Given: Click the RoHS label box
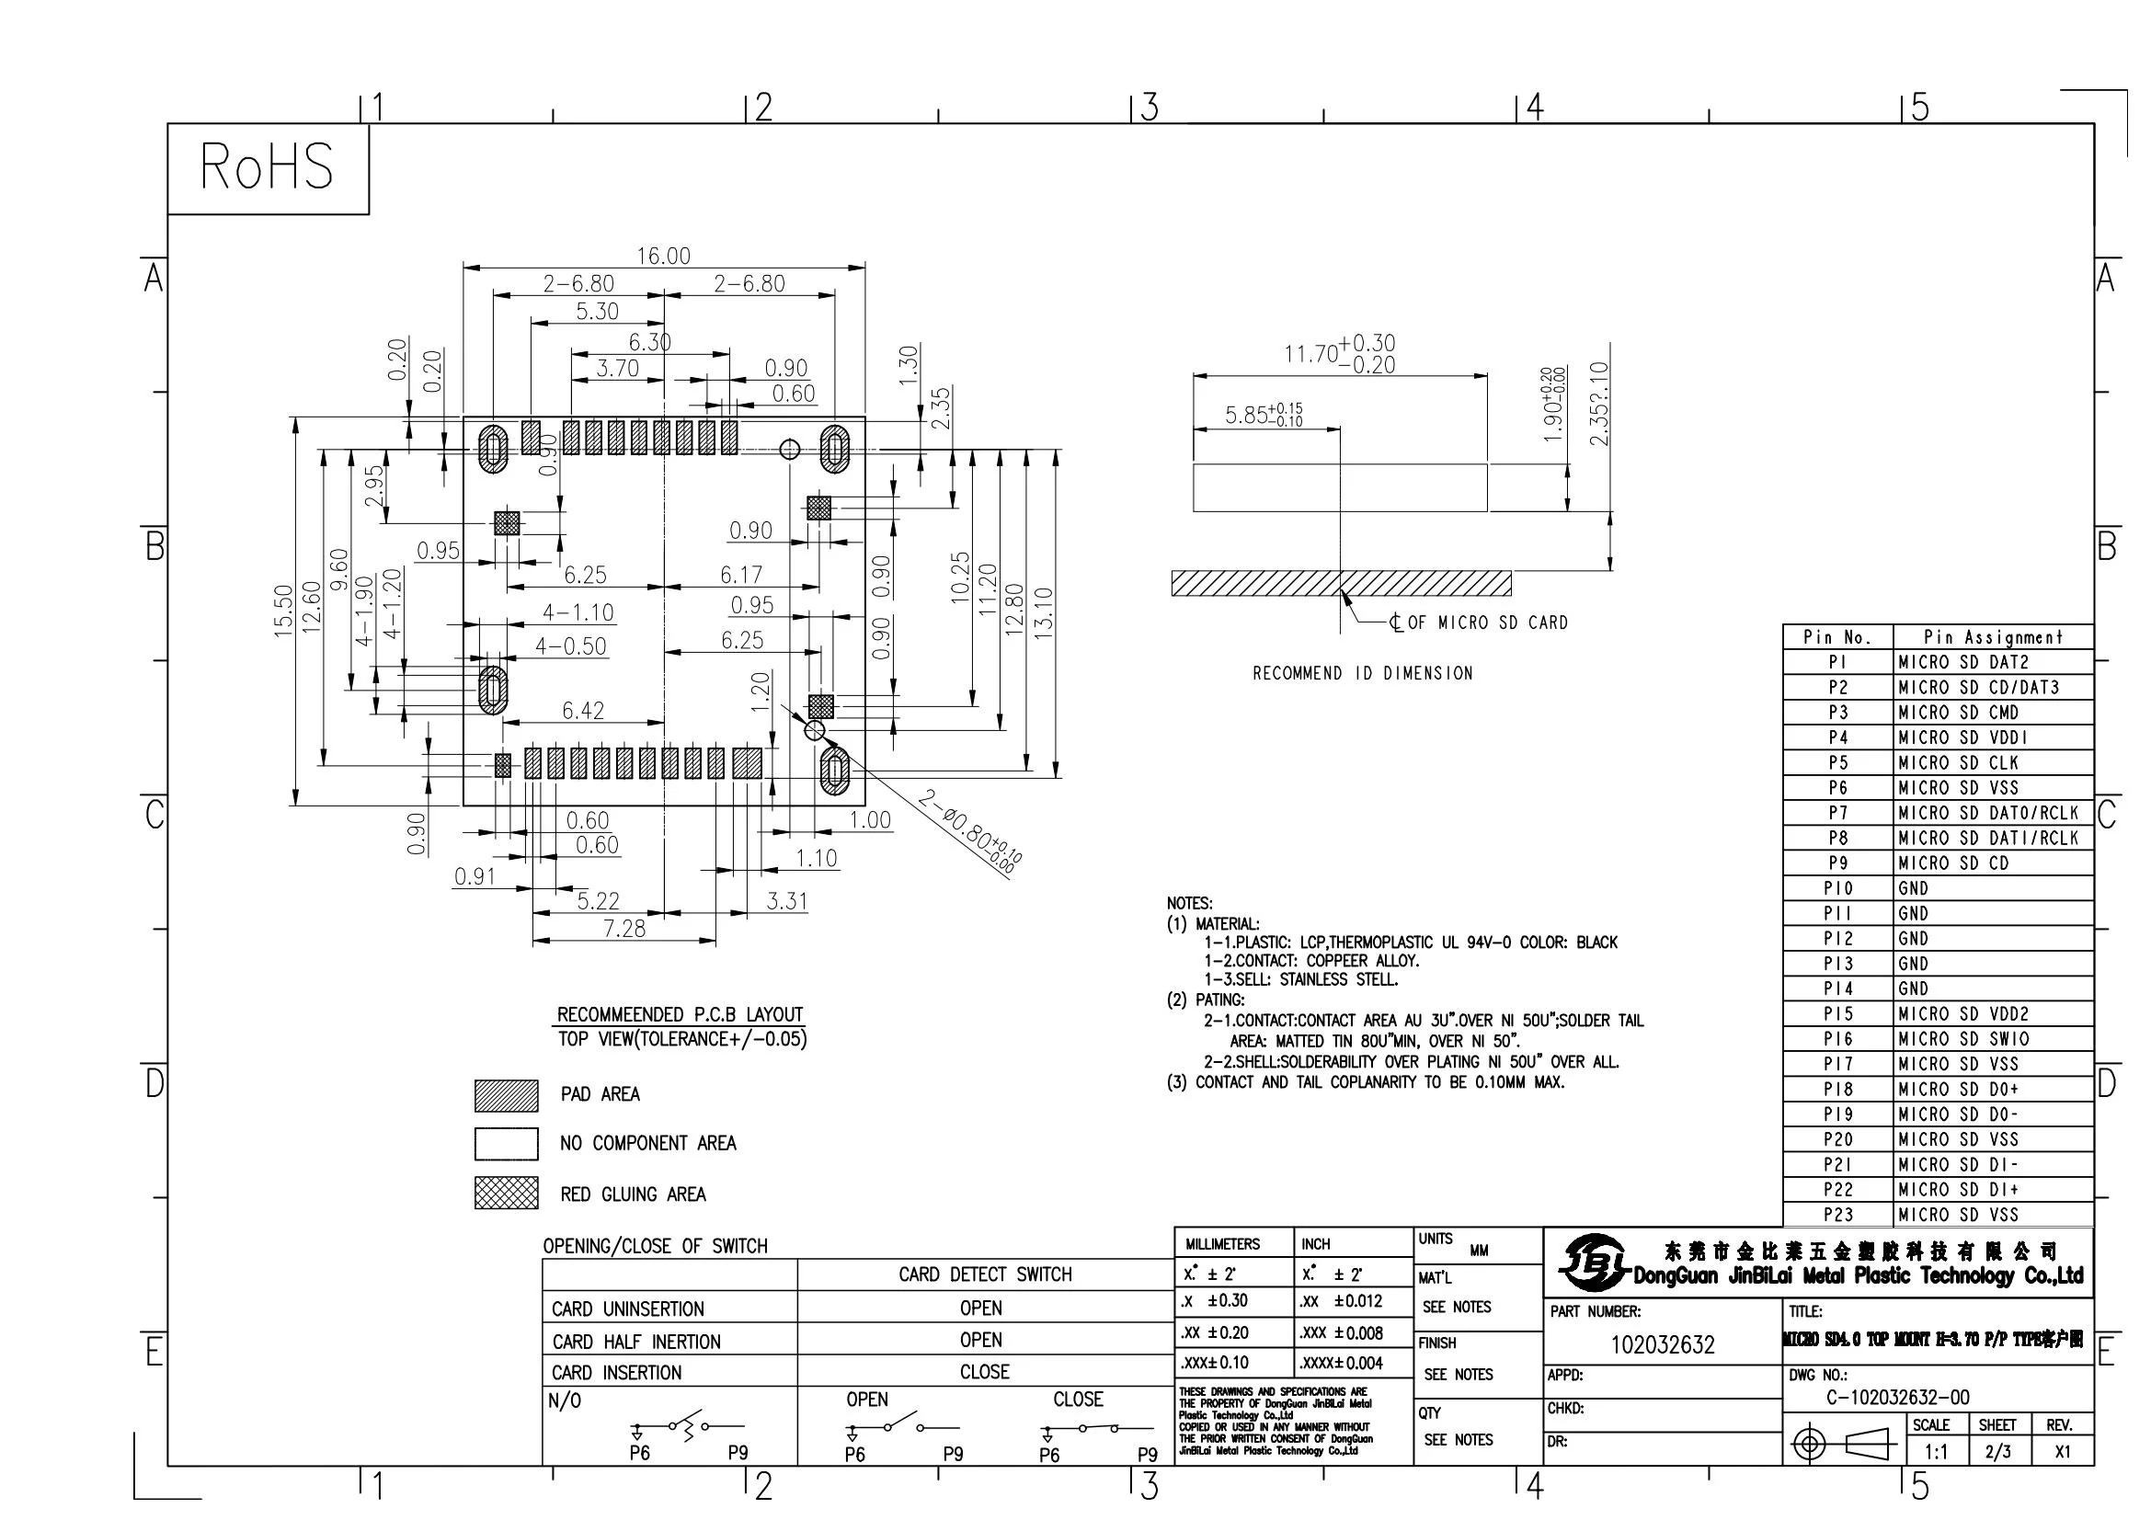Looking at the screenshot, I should [267, 167].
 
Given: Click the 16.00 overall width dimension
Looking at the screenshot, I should [663, 256].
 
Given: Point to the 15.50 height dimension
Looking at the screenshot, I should [284, 611].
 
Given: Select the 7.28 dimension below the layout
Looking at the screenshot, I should [624, 928].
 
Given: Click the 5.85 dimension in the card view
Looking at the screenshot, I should [1263, 414].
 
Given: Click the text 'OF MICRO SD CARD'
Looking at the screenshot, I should [1488, 623].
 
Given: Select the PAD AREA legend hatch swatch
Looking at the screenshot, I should [506, 1095].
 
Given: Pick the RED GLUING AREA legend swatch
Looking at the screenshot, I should [506, 1194].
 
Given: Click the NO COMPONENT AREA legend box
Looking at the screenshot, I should [506, 1144].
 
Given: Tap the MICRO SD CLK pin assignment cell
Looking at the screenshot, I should [1958, 762].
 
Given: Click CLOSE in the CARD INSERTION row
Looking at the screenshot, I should [985, 1372].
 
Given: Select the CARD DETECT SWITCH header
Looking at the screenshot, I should [985, 1274].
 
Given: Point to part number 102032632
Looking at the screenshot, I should [1662, 1346].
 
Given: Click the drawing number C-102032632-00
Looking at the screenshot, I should [1897, 1398].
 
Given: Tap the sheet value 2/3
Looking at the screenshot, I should [1997, 1453].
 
